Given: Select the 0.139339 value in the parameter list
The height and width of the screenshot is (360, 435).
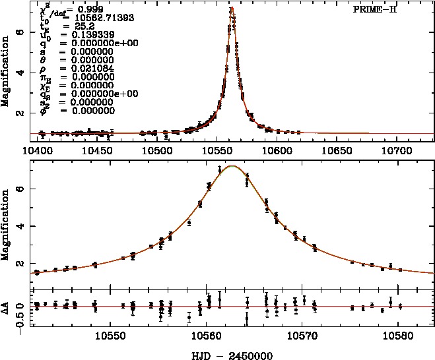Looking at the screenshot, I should tap(79, 33).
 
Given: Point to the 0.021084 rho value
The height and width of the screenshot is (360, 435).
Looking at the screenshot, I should tap(79, 68).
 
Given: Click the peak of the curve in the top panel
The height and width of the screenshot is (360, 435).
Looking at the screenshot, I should tap(232, 9).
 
